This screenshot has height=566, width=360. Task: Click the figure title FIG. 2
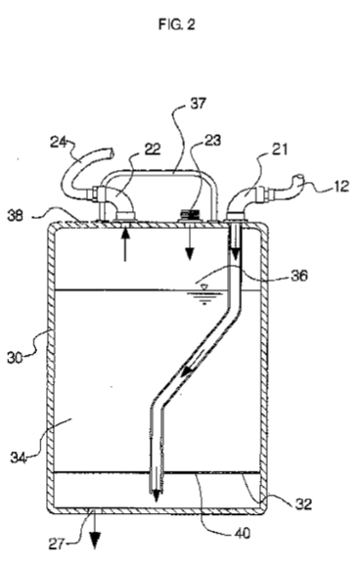pyautogui.click(x=176, y=24)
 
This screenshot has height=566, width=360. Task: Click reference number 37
pyautogui.click(x=198, y=104)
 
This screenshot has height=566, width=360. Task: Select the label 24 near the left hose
pyautogui.click(x=58, y=142)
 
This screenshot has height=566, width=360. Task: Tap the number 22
pyautogui.click(x=152, y=149)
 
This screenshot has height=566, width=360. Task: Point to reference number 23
pyautogui.click(x=212, y=140)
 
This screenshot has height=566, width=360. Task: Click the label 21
pyautogui.click(x=279, y=149)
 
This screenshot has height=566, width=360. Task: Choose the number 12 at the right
pyautogui.click(x=339, y=187)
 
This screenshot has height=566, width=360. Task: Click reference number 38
pyautogui.click(x=16, y=216)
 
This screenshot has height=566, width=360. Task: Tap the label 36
pyautogui.click(x=299, y=276)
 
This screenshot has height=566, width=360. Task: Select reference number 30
pyautogui.click(x=16, y=358)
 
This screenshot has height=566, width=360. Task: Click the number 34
pyautogui.click(x=18, y=457)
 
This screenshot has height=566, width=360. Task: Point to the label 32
pyautogui.click(x=303, y=503)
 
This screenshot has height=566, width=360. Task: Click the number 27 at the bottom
pyautogui.click(x=58, y=544)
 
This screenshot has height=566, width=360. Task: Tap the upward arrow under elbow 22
pyautogui.click(x=125, y=244)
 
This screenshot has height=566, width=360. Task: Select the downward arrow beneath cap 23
pyautogui.click(x=189, y=244)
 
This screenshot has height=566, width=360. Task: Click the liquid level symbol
pyautogui.click(x=204, y=294)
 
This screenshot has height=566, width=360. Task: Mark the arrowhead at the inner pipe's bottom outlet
pyautogui.click(x=156, y=497)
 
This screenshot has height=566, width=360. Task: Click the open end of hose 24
pyautogui.click(x=111, y=153)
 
